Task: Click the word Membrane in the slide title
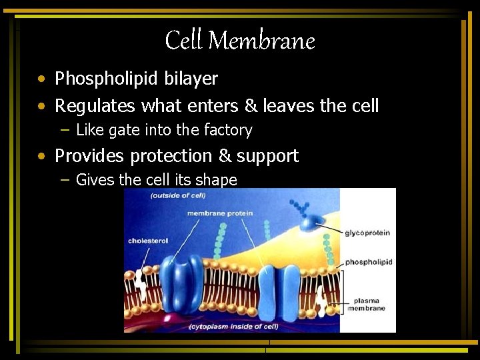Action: tap(261, 41)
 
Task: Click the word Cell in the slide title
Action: tap(184, 41)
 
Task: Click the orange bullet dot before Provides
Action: tap(42, 156)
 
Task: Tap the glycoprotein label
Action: tap(367, 233)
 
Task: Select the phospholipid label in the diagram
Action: tap(369, 262)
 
